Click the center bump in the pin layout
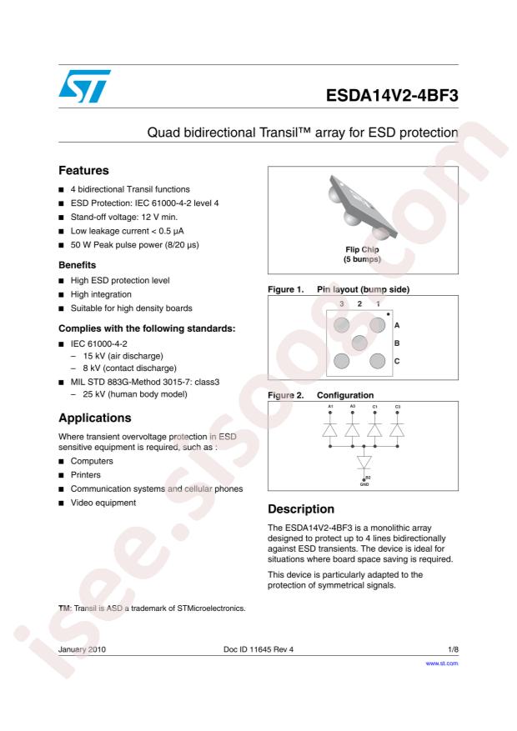tap(359, 343)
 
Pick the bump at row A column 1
tap(377, 325)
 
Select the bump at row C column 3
tap(341, 360)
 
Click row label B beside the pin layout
tap(397, 343)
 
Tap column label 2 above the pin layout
tap(359, 304)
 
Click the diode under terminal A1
tap(330, 430)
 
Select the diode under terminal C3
tap(397, 430)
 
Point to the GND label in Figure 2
tap(364, 483)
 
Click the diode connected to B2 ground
tap(364, 460)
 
